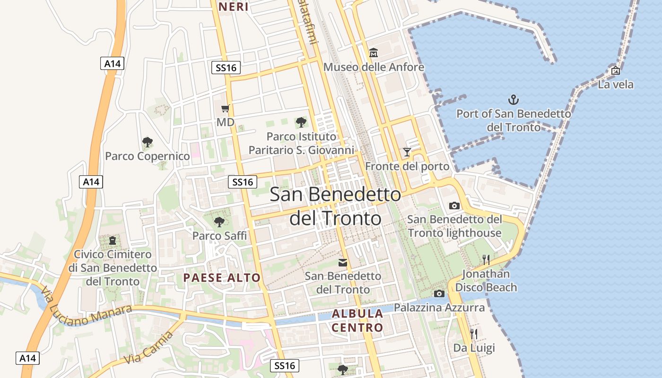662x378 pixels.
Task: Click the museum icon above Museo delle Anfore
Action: click(x=374, y=52)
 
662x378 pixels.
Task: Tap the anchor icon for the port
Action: click(x=513, y=100)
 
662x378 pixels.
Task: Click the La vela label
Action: click(x=616, y=85)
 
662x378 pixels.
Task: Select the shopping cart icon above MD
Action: click(x=226, y=108)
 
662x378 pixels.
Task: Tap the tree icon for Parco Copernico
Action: click(x=148, y=142)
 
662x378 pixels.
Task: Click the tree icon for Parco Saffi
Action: click(x=219, y=221)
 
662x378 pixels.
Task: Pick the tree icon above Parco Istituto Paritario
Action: click(x=301, y=122)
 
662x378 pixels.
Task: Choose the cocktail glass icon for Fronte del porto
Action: click(x=407, y=152)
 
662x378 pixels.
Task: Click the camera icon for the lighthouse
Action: click(x=454, y=206)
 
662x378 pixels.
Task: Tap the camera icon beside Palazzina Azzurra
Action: click(x=439, y=293)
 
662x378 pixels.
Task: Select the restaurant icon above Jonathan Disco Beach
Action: click(x=486, y=259)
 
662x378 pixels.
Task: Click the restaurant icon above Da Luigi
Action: click(x=474, y=334)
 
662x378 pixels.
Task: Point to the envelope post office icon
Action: click(x=343, y=262)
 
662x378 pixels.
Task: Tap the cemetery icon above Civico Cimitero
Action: click(x=113, y=241)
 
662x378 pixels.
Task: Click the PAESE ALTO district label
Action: click(x=222, y=278)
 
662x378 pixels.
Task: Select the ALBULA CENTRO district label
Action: click(x=357, y=320)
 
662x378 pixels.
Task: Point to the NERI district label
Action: click(x=233, y=7)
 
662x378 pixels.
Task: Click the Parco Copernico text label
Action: click(x=148, y=156)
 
